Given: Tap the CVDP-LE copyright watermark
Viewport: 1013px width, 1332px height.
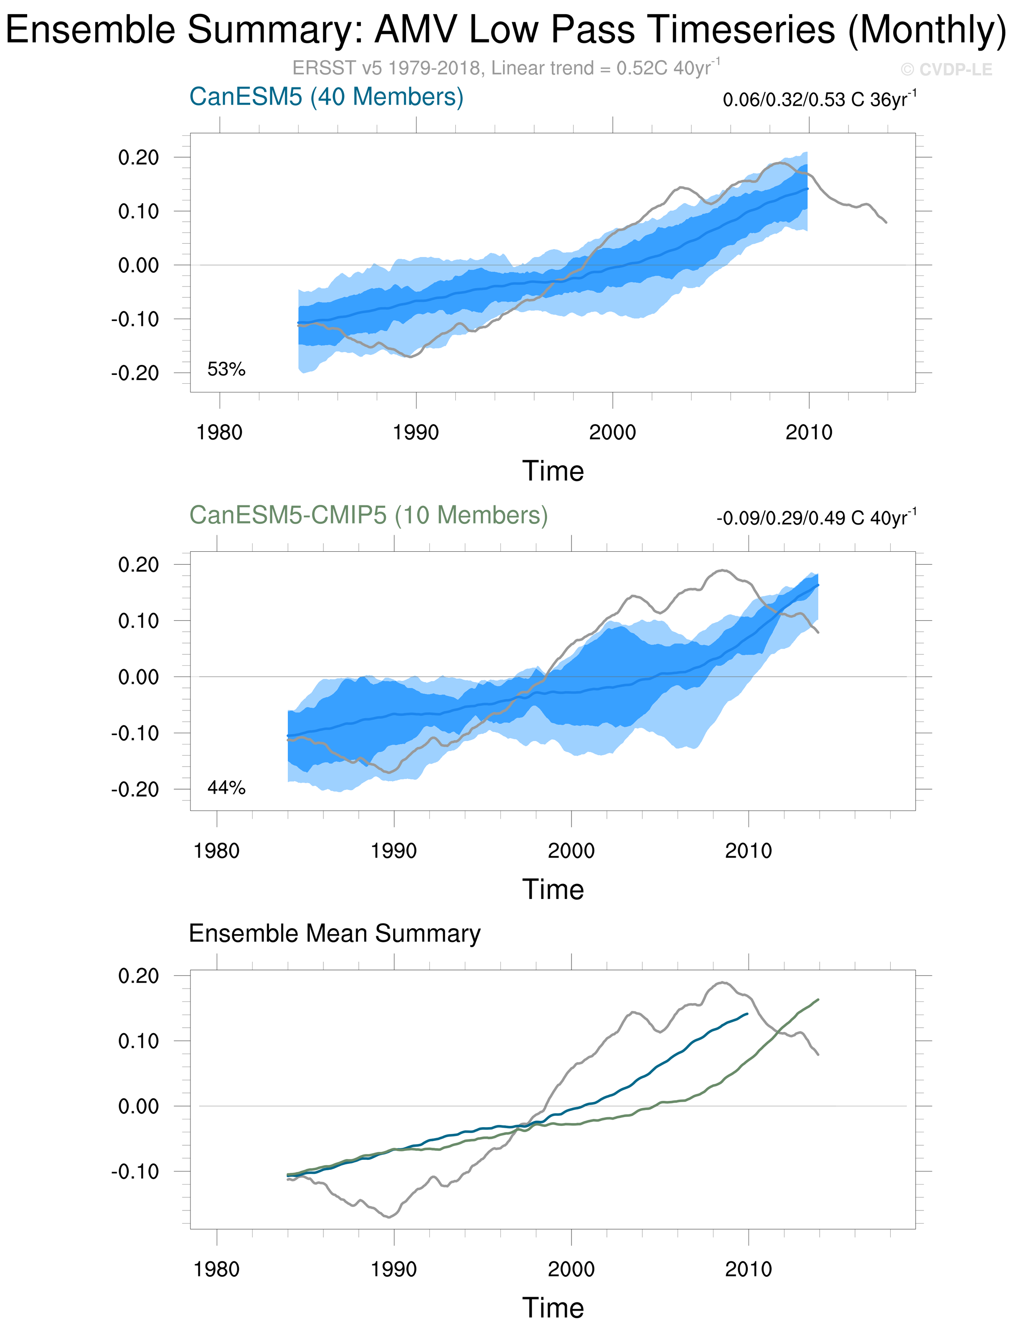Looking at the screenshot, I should click(946, 70).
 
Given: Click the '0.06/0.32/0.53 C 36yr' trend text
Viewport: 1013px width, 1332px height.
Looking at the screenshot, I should click(819, 99).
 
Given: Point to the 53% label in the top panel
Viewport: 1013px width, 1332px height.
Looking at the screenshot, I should click(226, 369).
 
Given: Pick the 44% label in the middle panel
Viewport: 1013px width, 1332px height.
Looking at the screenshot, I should click(226, 788).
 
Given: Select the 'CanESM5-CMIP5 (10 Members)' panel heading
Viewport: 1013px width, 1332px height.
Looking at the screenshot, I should click(368, 515).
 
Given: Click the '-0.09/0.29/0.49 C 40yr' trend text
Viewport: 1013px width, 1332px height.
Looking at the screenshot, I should click(816, 517).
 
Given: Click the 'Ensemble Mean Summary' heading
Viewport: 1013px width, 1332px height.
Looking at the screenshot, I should click(335, 933).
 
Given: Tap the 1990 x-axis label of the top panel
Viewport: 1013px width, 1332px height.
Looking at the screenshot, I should click(416, 433).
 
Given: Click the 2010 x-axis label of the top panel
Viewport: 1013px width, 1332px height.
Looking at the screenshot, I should click(809, 433).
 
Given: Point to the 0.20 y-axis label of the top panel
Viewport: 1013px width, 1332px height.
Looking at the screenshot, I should click(139, 158).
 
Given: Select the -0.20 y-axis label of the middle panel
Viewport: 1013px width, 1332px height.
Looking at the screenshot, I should click(135, 789).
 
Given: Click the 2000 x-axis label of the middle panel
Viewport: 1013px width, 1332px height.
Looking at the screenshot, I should click(571, 851).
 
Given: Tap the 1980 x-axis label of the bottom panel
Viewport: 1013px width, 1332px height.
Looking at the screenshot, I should click(216, 1269).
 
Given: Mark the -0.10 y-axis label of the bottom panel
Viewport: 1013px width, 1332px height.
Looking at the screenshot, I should click(135, 1172).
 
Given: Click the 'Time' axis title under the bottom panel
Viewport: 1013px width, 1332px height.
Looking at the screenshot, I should click(553, 1308).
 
